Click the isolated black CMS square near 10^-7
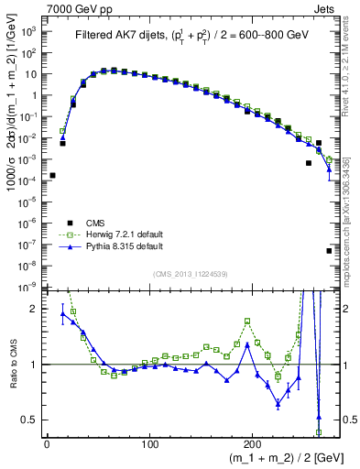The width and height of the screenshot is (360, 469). click(329, 250)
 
